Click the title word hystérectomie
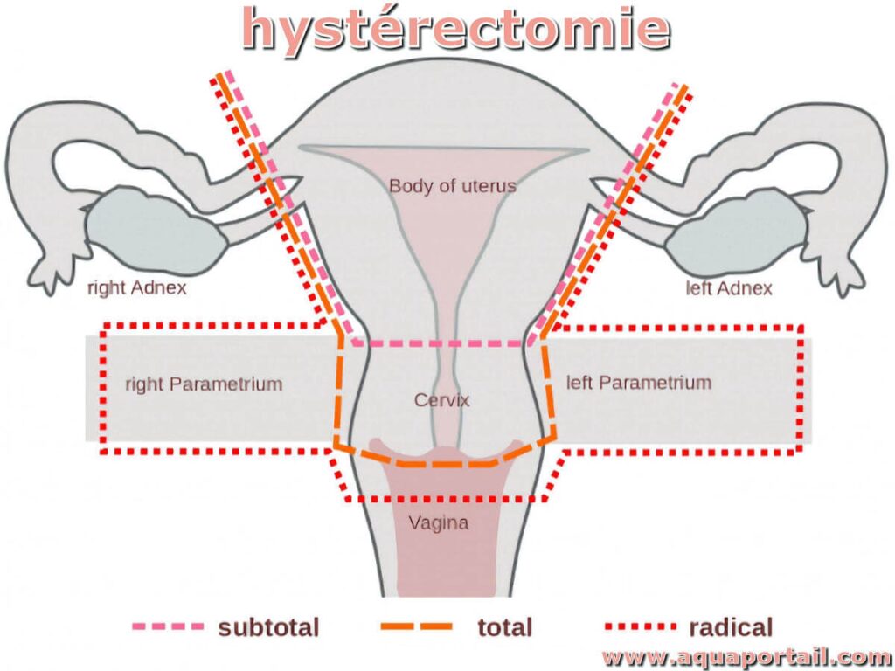pyautogui.click(x=455, y=28)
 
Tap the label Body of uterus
pyautogui.click(x=452, y=185)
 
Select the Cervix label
pyautogui.click(x=442, y=401)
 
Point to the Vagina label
pyautogui.click(x=439, y=523)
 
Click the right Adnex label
pyautogui.click(x=136, y=287)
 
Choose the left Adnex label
pyautogui.click(x=730, y=287)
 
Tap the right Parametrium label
pyautogui.click(x=204, y=384)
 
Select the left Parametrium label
pyautogui.click(x=639, y=383)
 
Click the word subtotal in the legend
pyautogui.click(x=268, y=626)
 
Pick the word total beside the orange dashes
pyautogui.click(x=504, y=626)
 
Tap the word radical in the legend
pyautogui.click(x=731, y=626)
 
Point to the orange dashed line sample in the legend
pyautogui.click(x=417, y=626)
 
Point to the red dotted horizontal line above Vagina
pyautogui.click(x=446, y=499)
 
